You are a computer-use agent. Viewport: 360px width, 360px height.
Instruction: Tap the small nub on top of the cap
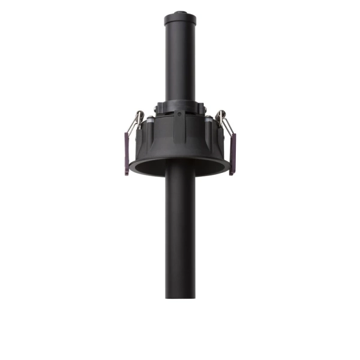(x=180, y=10)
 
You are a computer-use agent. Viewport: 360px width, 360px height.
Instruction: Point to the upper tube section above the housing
(x=180, y=60)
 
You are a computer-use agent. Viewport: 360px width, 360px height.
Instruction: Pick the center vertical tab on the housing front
(x=180, y=129)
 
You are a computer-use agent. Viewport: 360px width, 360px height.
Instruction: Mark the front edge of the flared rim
(x=180, y=175)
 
